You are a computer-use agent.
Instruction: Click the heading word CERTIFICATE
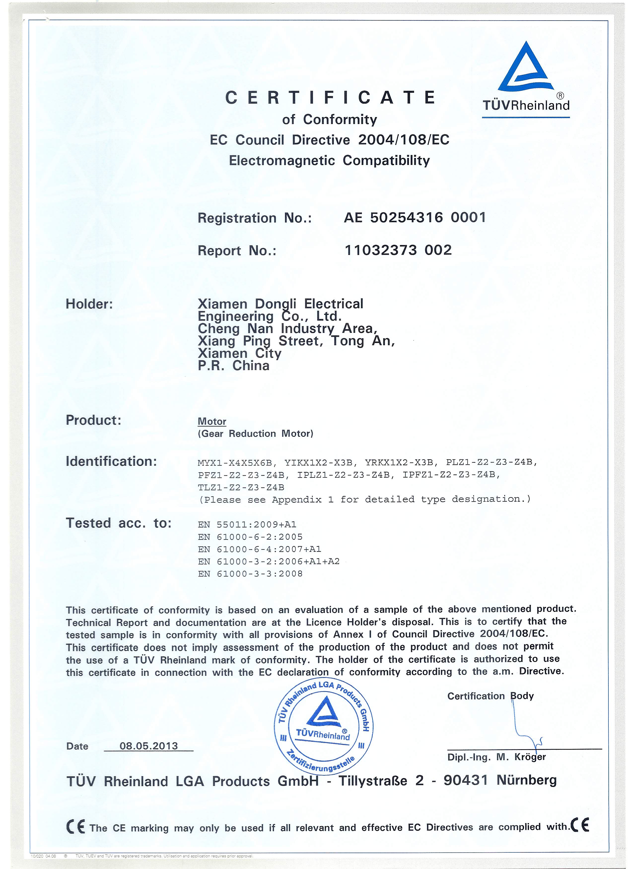[x=330, y=98]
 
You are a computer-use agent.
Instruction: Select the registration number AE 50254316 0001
[x=415, y=218]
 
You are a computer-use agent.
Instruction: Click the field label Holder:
[x=89, y=304]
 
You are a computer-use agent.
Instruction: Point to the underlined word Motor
[x=212, y=421]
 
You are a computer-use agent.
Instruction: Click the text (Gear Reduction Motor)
[x=255, y=434]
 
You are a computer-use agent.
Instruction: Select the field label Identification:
[x=111, y=461]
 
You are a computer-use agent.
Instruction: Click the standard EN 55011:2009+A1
[x=247, y=525]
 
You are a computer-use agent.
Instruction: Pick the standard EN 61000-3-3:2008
[x=250, y=574]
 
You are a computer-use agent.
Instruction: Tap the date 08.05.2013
[x=149, y=746]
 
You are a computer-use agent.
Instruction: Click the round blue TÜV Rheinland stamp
[x=324, y=728]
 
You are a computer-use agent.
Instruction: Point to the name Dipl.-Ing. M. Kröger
[x=496, y=757]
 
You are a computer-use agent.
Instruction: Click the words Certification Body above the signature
[x=490, y=696]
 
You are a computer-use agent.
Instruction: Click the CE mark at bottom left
[x=75, y=828]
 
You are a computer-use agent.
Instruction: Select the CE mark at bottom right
[x=580, y=825]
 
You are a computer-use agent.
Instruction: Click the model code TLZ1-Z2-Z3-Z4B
[x=241, y=487]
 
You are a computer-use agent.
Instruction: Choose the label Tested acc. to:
[x=118, y=523]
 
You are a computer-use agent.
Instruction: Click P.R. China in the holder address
[x=234, y=366]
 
